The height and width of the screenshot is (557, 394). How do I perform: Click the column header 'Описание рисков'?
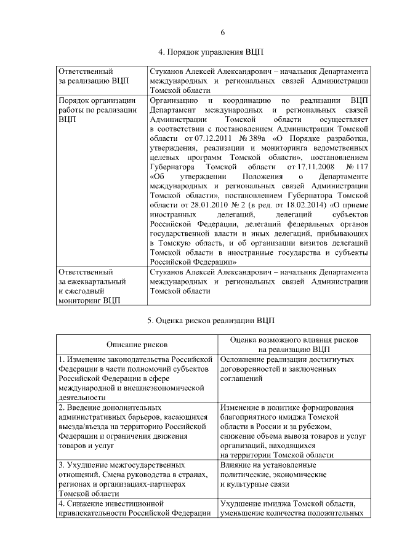tap(137, 345)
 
